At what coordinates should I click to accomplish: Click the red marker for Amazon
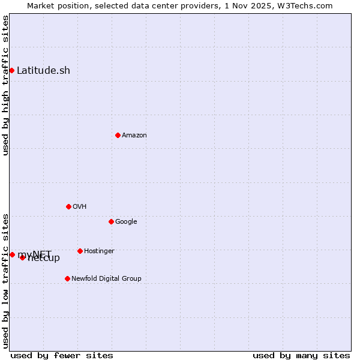click(x=118, y=135)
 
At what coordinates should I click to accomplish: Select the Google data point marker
click(x=111, y=221)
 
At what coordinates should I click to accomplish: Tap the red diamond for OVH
click(x=68, y=206)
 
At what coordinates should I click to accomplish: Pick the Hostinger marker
click(x=80, y=251)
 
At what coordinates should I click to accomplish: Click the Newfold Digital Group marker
click(x=67, y=278)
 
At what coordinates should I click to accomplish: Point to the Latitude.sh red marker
click(x=11, y=70)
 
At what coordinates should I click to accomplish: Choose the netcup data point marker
click(x=22, y=257)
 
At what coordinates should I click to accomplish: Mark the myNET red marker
click(x=12, y=254)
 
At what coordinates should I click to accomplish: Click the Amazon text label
click(x=134, y=136)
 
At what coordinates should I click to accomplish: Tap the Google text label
click(x=126, y=222)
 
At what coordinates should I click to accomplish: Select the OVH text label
click(x=80, y=207)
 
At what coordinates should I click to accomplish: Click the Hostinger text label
click(x=99, y=251)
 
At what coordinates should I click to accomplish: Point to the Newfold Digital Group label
click(x=106, y=279)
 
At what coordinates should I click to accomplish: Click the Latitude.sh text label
click(x=43, y=71)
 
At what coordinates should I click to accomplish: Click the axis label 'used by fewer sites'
click(x=62, y=355)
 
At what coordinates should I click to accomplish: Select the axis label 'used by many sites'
click(x=301, y=355)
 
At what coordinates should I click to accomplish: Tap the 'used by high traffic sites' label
click(x=5, y=85)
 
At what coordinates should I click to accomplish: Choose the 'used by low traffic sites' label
click(x=5, y=281)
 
